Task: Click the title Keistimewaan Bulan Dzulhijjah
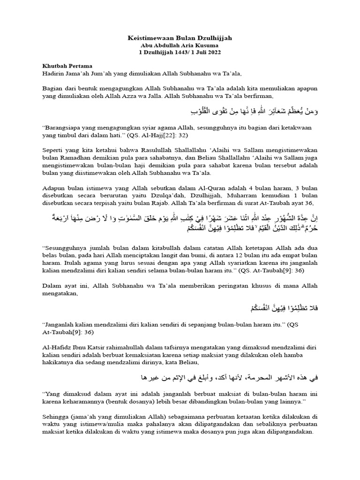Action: [180, 37]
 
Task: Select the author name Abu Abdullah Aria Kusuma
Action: [180, 45]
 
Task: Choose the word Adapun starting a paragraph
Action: [54, 188]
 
